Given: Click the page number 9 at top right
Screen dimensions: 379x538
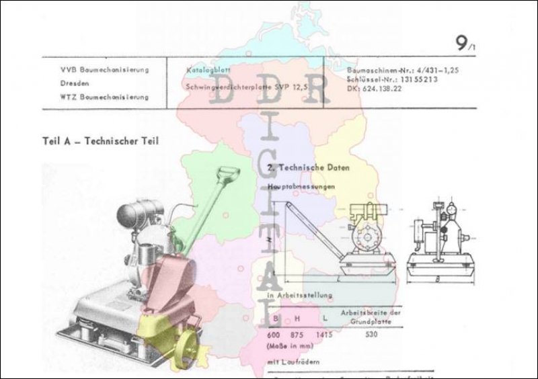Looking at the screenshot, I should [x=462, y=44].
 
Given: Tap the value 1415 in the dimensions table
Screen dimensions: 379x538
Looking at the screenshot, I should [x=325, y=334].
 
